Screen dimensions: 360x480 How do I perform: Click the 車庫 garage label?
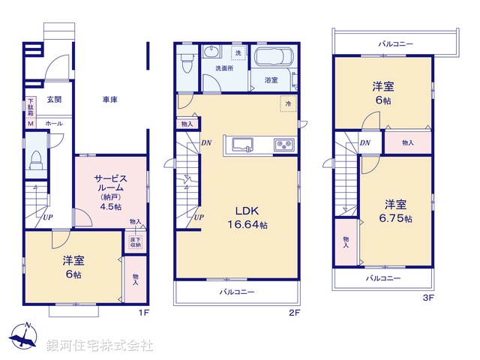pos(109,99)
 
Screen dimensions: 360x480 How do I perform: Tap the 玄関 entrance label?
pos(54,98)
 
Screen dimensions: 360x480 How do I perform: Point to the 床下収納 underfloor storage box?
pos(136,241)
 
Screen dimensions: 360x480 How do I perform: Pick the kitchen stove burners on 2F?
pos(284,144)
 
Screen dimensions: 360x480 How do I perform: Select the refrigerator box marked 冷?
pos(288,103)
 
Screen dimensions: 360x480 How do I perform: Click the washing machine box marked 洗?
pos(238,53)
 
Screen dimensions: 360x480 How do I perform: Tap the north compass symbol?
pos(24,335)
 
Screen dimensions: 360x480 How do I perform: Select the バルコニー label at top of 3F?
pos(395,44)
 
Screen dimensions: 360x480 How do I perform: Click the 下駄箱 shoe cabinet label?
pos(31,106)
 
